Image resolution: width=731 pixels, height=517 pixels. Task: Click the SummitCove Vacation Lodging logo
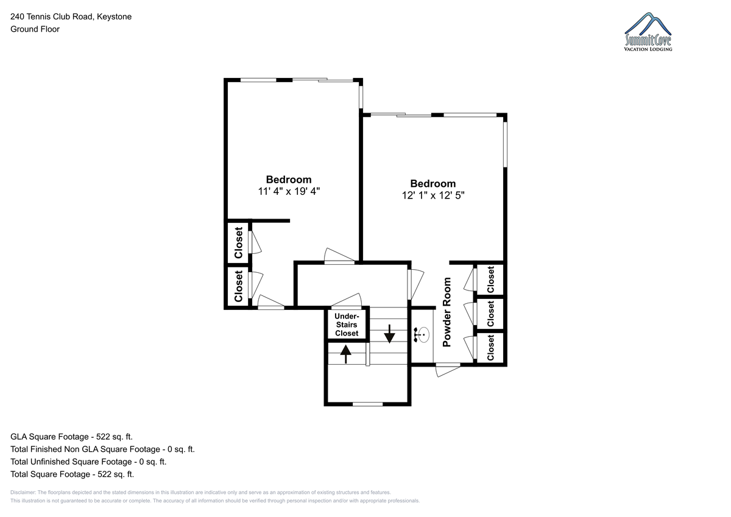(648, 32)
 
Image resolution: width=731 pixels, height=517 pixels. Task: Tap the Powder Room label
(447, 312)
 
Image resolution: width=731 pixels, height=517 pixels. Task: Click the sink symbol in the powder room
(422, 335)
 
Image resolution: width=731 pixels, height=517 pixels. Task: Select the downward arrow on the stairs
(389, 334)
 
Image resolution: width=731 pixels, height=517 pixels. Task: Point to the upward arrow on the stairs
(345, 354)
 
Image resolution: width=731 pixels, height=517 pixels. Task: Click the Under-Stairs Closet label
(347, 325)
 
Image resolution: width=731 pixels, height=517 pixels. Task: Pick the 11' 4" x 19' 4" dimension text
(289, 191)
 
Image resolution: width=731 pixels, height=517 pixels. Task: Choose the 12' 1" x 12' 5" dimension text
(433, 195)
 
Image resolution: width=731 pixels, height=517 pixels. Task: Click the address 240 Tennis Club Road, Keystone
(71, 16)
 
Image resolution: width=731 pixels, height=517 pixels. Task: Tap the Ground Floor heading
(35, 29)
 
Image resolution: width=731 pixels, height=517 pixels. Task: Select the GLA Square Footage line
(71, 437)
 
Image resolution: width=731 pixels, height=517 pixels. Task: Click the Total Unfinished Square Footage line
(88, 462)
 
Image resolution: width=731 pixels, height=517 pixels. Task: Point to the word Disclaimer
(23, 492)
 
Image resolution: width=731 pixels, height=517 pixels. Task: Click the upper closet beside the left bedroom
(238, 243)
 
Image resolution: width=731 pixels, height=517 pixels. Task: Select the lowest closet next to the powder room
(490, 347)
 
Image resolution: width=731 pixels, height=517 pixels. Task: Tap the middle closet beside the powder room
(490, 314)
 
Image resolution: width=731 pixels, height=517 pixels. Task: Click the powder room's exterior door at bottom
(448, 370)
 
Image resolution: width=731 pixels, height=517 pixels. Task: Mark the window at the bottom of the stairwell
(367, 404)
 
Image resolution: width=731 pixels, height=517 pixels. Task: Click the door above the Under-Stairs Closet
(347, 301)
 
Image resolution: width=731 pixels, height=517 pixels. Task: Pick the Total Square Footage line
(72, 474)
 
